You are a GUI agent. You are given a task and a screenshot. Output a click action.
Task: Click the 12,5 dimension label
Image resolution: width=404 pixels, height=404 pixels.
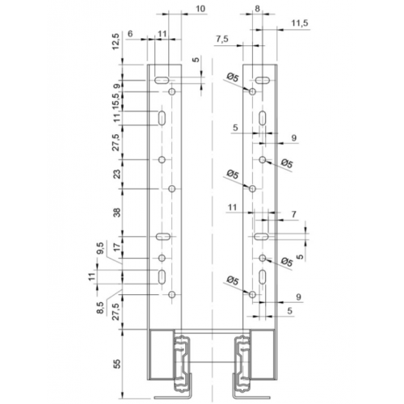pos(116,41)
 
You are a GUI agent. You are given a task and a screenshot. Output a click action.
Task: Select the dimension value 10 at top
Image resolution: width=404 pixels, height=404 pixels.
pos(200,9)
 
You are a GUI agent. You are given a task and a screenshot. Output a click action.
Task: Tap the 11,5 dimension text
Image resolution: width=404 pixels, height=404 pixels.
pos(300,23)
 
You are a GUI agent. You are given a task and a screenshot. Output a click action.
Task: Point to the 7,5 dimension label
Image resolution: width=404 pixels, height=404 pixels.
pos(222,39)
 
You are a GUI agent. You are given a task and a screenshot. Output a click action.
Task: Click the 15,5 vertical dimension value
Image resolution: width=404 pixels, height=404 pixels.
pos(116,101)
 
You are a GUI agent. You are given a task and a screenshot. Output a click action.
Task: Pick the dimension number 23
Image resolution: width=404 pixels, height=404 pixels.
pos(117,175)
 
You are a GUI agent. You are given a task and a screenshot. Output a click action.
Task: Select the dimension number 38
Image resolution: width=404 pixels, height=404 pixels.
pos(117,213)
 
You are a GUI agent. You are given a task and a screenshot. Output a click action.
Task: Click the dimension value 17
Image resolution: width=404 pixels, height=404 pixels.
pos(117,247)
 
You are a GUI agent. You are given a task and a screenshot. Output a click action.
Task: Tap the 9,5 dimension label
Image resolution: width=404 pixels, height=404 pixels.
pos(100,248)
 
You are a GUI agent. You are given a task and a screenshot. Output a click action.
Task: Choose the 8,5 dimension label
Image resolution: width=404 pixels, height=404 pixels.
pos(100,308)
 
